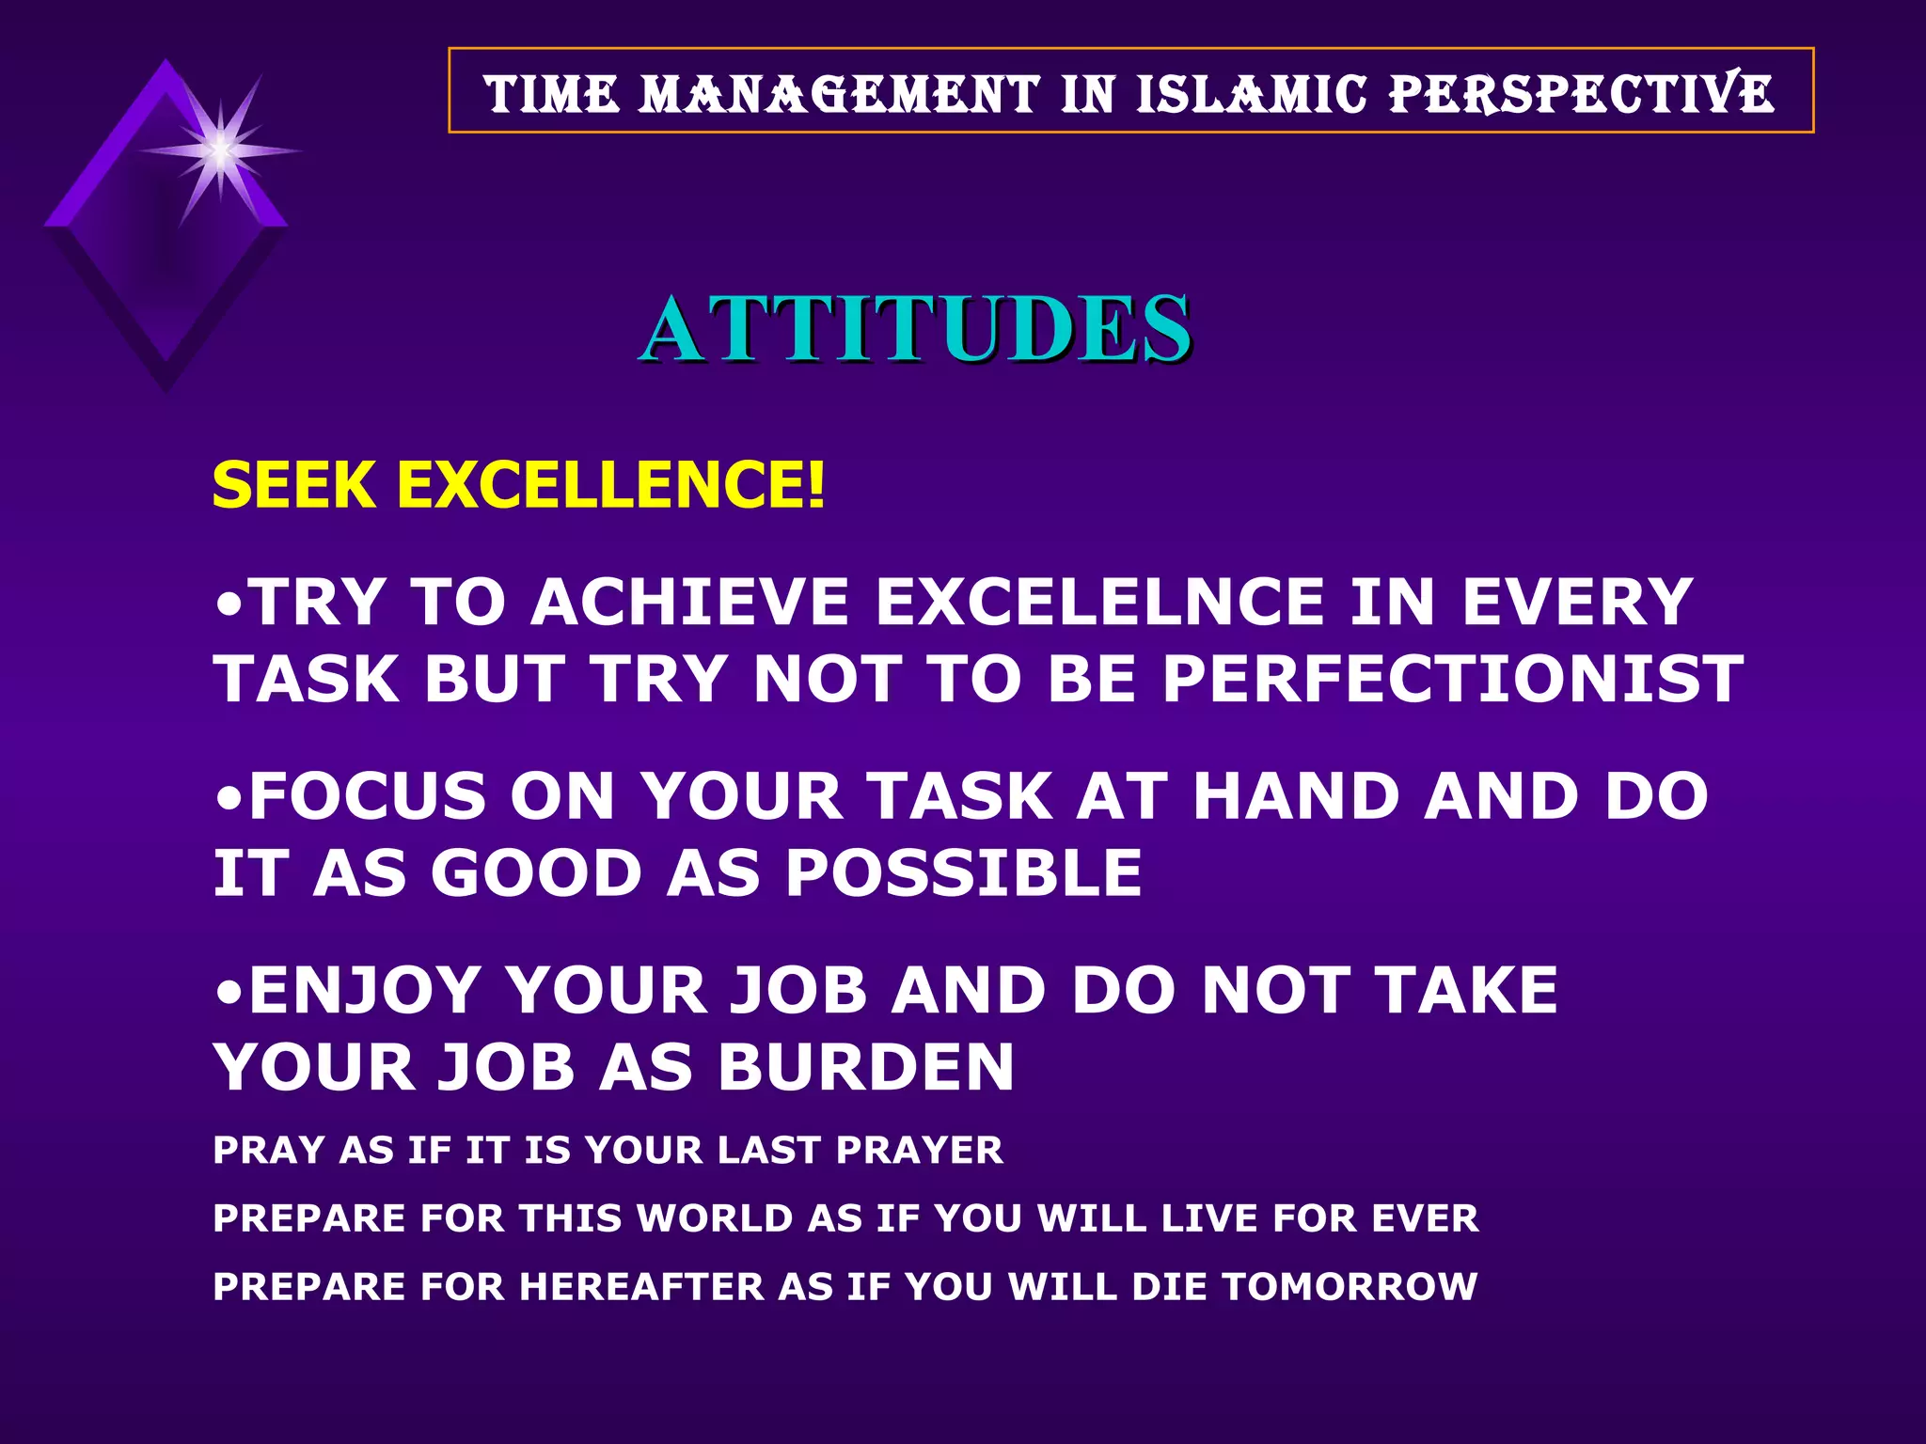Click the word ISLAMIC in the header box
click(1251, 94)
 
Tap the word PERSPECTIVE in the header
click(1582, 94)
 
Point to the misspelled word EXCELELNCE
click(1099, 602)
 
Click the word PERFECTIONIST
click(1452, 679)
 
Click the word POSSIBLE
click(963, 873)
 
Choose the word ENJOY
click(365, 991)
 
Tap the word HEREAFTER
click(641, 1287)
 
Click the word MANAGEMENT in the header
click(839, 94)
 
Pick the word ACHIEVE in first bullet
click(690, 602)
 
